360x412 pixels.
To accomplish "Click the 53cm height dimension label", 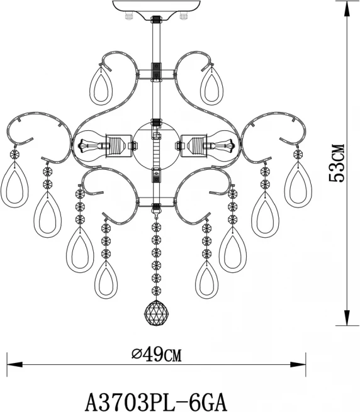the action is [336, 163].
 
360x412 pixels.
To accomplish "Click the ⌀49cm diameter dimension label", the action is [157, 355].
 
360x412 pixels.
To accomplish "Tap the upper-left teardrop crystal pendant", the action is [101, 85].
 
